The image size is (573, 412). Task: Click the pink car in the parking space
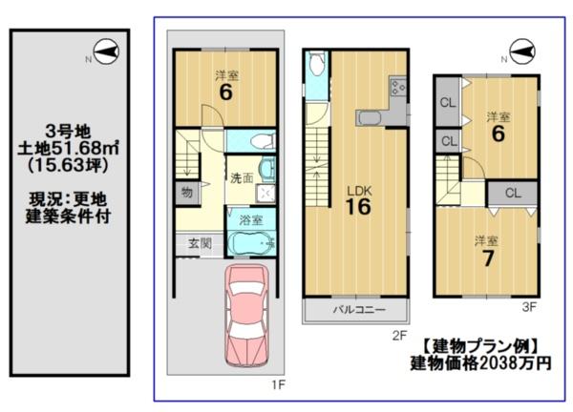coord(246,316)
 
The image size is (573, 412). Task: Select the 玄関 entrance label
coord(200,243)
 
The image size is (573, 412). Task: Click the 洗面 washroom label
coord(242,178)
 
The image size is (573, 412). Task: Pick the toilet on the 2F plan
coord(316,63)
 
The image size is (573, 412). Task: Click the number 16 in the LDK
coord(358,207)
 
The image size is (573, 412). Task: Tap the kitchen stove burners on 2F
coord(398,88)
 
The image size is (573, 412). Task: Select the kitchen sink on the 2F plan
coord(370,119)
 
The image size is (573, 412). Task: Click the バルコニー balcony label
coord(359,310)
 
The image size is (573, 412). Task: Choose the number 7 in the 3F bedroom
coord(488,258)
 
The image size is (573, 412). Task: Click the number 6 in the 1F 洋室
coord(225,92)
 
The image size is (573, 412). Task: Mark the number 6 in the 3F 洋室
coord(499,134)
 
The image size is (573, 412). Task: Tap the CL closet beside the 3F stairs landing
coord(513,193)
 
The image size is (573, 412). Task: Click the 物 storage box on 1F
coord(187,193)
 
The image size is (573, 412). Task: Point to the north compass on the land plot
coord(106,52)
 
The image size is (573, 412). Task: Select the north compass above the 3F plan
coord(522,51)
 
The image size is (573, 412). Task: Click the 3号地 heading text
coord(69,131)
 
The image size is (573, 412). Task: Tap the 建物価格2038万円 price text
coord(480,363)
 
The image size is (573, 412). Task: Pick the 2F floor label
coord(399,336)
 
